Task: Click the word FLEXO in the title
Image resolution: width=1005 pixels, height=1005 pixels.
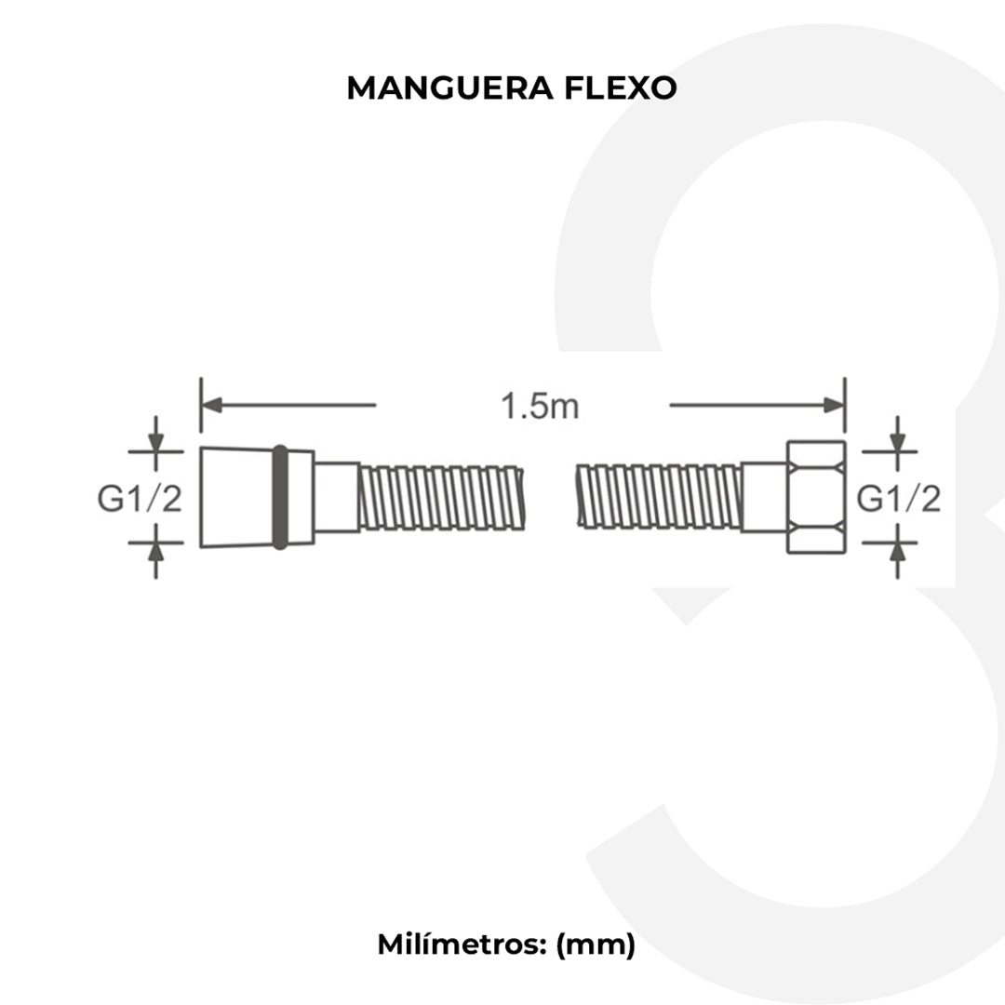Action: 621,87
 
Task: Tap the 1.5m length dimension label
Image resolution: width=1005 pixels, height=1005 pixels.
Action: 540,407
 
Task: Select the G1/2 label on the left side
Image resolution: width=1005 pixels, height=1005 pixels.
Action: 141,500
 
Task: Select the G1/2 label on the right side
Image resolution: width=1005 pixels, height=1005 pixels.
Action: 898,500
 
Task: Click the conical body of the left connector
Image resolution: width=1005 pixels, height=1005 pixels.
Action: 236,497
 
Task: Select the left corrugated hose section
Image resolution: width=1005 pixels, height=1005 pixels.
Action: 442,498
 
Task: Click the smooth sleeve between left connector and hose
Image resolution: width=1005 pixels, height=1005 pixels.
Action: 336,497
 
